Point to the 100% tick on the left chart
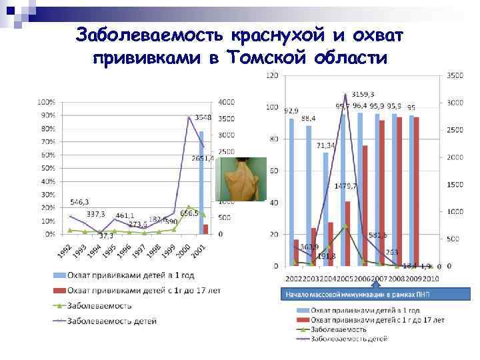click(x=46, y=103)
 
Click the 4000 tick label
click(x=226, y=102)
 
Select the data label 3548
click(x=203, y=117)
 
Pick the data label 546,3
click(x=79, y=201)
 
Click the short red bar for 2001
click(x=205, y=229)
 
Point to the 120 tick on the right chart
click(x=272, y=76)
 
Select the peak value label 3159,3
click(x=363, y=94)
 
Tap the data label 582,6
click(x=377, y=235)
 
